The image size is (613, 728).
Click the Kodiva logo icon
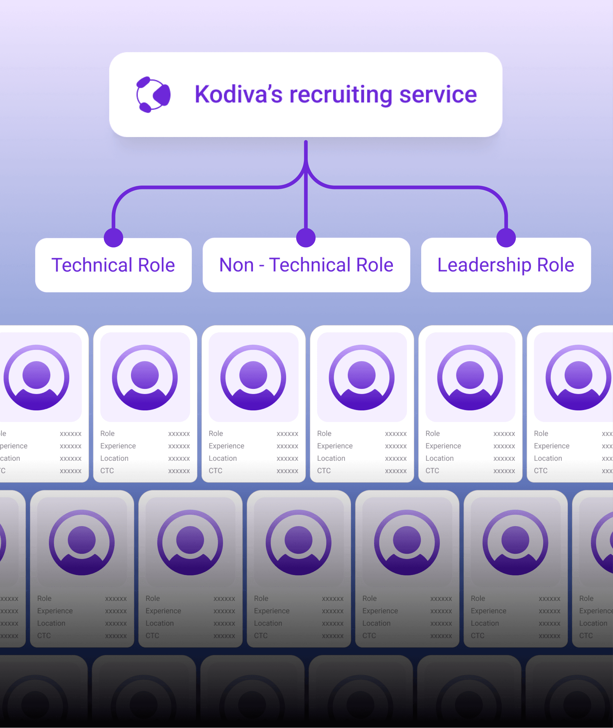coord(153,95)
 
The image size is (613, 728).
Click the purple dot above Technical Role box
coord(113,238)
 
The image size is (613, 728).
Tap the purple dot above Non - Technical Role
coord(306,238)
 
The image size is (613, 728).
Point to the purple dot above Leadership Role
coord(506,238)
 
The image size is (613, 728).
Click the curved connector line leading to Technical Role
coord(195,188)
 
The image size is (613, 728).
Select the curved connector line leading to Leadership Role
coord(417,188)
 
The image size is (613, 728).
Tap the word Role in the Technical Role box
coord(156,265)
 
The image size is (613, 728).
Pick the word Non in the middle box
coord(237,265)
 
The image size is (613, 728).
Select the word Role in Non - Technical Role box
coord(375,265)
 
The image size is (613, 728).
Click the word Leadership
coord(484,265)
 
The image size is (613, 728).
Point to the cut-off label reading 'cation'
coord(10,458)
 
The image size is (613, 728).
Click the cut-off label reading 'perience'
coord(14,446)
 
